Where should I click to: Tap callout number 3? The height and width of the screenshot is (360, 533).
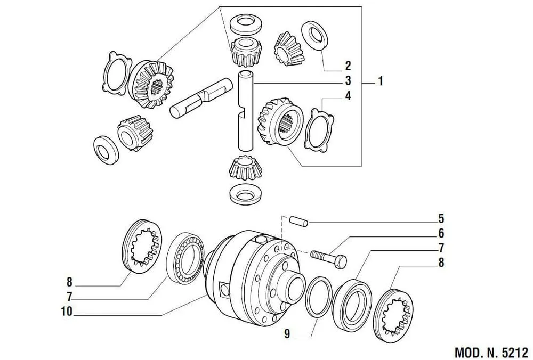(x=348, y=81)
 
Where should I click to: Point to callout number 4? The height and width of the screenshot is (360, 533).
(x=348, y=96)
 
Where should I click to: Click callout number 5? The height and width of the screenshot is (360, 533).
(x=441, y=218)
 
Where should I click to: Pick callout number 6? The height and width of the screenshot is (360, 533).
(x=441, y=233)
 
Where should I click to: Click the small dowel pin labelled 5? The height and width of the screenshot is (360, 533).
(x=299, y=221)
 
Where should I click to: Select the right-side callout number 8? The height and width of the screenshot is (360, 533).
(x=441, y=263)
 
